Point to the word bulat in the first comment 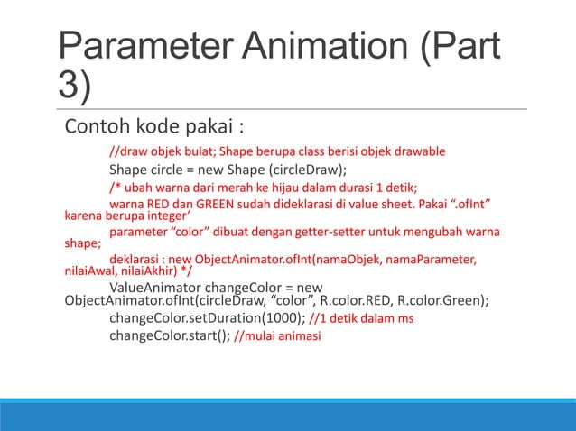(x=210, y=151)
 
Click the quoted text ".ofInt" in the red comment (x=477, y=206)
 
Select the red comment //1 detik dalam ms (x=367, y=319)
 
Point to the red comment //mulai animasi (x=282, y=337)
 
